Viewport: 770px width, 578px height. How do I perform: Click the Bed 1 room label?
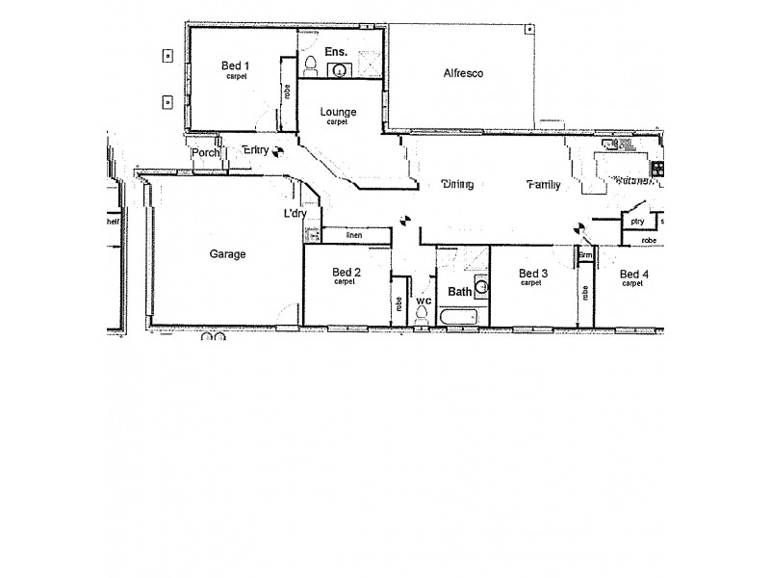tap(236, 66)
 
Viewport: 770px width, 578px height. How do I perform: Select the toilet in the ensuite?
tap(310, 66)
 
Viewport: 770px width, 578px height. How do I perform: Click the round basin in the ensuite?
tap(339, 69)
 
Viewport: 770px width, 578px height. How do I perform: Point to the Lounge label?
tap(337, 112)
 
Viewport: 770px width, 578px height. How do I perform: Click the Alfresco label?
tap(462, 73)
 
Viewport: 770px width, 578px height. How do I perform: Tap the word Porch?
tap(205, 152)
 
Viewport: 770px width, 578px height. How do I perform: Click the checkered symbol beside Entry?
tap(278, 150)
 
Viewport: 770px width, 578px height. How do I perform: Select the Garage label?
tap(227, 254)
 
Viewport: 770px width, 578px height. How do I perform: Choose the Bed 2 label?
tap(346, 273)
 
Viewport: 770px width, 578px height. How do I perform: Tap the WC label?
tap(423, 302)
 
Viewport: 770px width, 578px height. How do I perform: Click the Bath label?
tap(460, 291)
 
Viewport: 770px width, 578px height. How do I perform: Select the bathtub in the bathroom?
tap(460, 316)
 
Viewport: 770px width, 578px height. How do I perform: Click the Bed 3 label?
tap(531, 275)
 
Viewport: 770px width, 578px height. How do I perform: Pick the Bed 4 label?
tap(633, 275)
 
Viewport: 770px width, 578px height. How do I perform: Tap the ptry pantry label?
tap(636, 222)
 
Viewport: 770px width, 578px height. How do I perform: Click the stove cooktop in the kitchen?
tap(658, 170)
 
